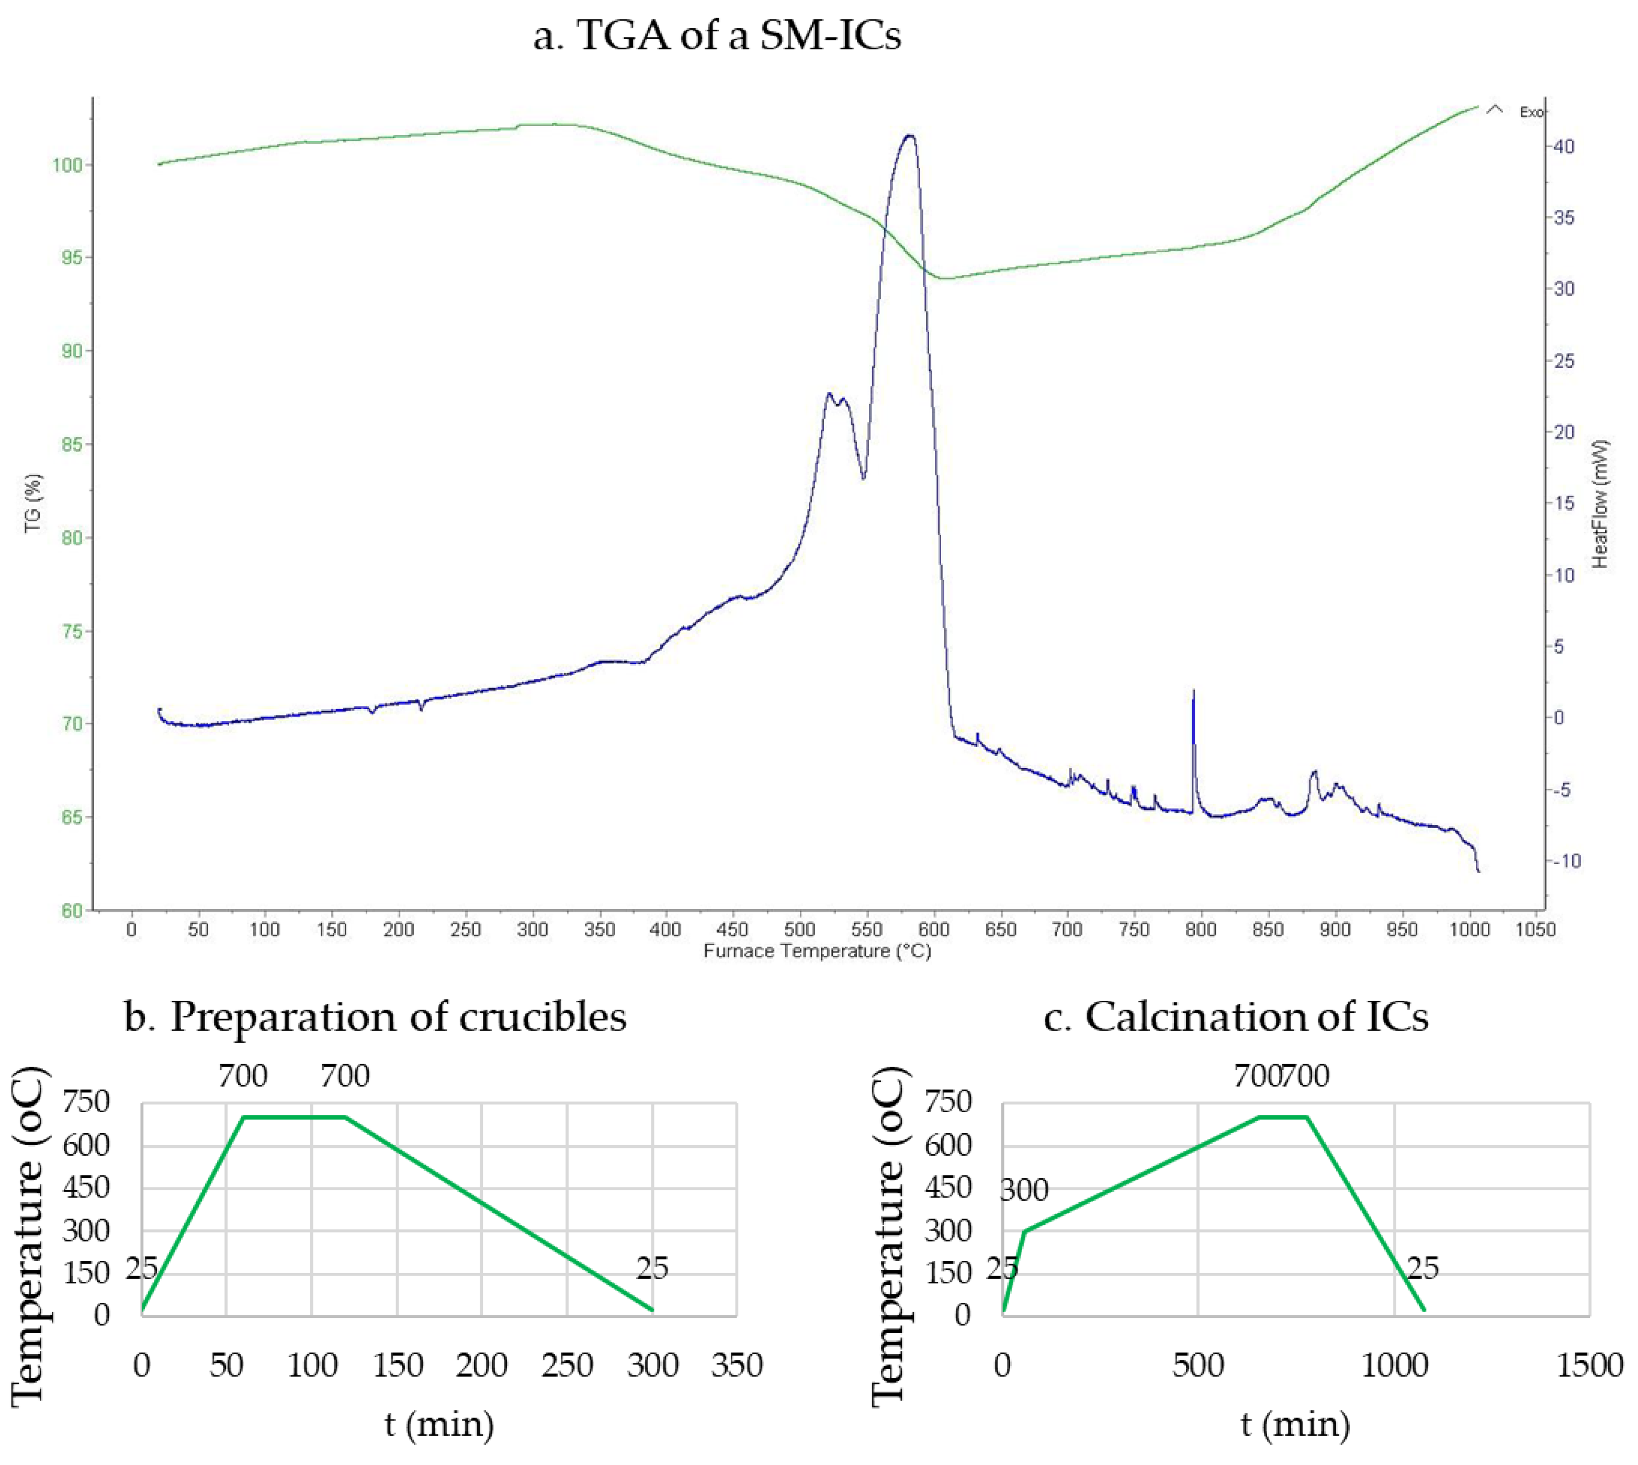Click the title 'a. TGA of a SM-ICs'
click(x=717, y=36)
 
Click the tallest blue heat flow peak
click(x=910, y=136)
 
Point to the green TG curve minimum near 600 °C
click(x=946, y=278)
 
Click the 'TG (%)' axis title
click(x=32, y=503)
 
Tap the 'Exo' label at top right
click(x=1530, y=113)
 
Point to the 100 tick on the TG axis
click(x=67, y=165)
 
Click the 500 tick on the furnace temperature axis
click(x=800, y=929)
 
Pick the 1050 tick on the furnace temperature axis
click(x=1535, y=929)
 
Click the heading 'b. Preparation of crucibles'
click(x=375, y=1016)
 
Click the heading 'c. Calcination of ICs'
click(x=1236, y=1016)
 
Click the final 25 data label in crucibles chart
click(x=652, y=1268)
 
